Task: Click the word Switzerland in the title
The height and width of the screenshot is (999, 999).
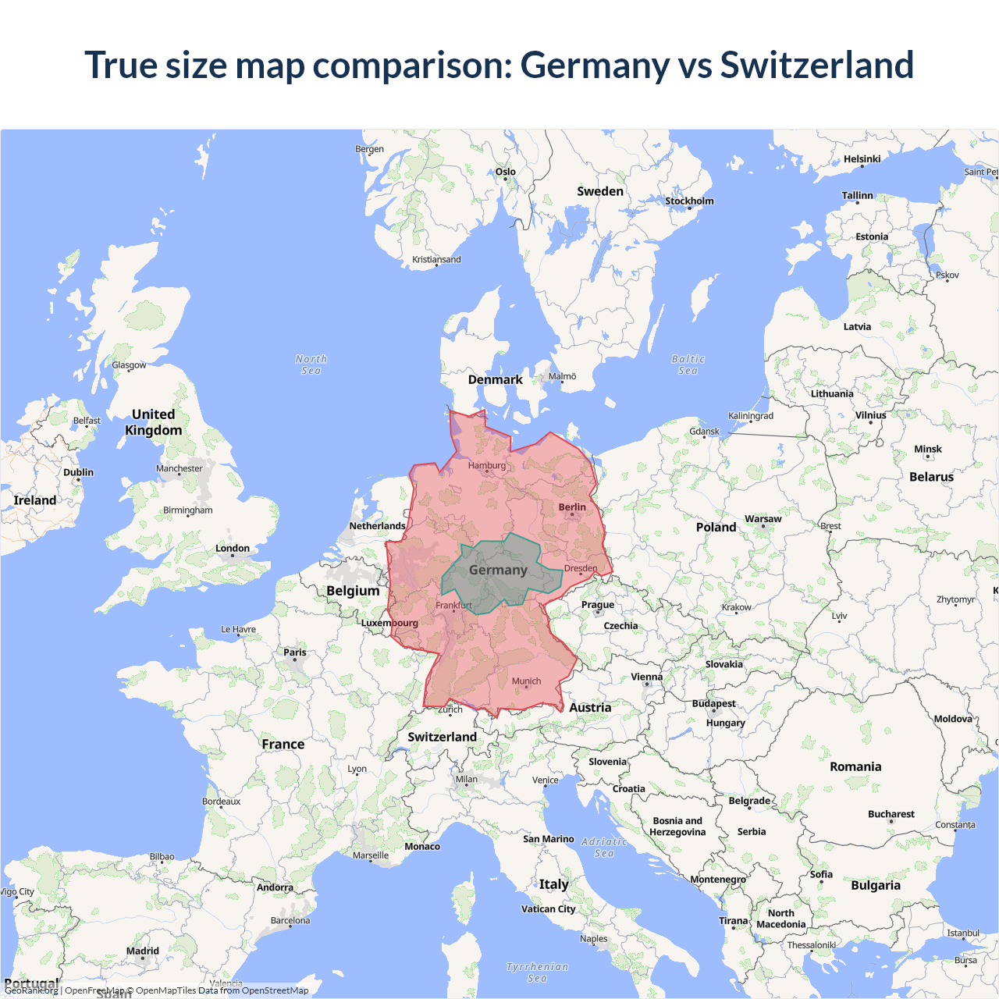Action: [x=816, y=65]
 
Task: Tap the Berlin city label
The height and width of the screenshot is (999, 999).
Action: [x=572, y=507]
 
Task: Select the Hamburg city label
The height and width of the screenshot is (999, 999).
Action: [x=487, y=466]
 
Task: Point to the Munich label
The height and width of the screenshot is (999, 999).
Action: [x=526, y=681]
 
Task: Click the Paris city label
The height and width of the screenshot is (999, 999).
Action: [x=295, y=652]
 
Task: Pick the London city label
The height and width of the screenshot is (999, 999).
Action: [x=233, y=549]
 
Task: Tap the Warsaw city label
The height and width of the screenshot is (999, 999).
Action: [x=763, y=519]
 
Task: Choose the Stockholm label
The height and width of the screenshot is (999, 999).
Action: [x=689, y=201]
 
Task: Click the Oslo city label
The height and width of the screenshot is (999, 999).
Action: [x=505, y=172]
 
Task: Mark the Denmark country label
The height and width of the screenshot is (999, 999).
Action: [x=495, y=380]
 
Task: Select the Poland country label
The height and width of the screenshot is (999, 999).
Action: [x=716, y=528]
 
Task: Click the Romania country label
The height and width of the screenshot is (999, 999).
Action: [x=855, y=767]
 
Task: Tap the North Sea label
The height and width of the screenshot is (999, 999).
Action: [x=311, y=364]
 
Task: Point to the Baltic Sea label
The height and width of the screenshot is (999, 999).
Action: [x=688, y=364]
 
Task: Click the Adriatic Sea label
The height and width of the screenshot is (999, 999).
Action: [x=604, y=847]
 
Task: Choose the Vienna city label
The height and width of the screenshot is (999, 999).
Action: [x=646, y=677]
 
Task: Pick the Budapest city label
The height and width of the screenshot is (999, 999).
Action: [x=713, y=704]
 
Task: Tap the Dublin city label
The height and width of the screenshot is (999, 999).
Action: [x=78, y=473]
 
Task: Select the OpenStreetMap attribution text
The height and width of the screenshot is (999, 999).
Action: [x=275, y=990]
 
